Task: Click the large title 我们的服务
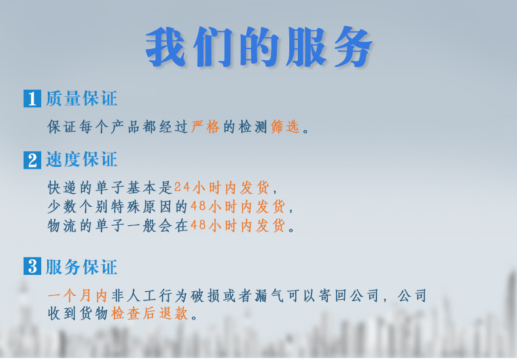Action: (259, 47)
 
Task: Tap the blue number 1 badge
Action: (32, 99)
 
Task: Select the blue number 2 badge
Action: (32, 160)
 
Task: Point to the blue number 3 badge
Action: (32, 266)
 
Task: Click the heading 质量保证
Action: (81, 99)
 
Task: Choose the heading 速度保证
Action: (81, 159)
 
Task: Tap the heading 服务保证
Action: (81, 266)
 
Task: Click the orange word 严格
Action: (205, 127)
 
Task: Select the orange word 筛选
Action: (285, 127)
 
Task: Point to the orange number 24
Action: (181, 189)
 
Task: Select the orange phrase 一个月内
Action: (77, 296)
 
